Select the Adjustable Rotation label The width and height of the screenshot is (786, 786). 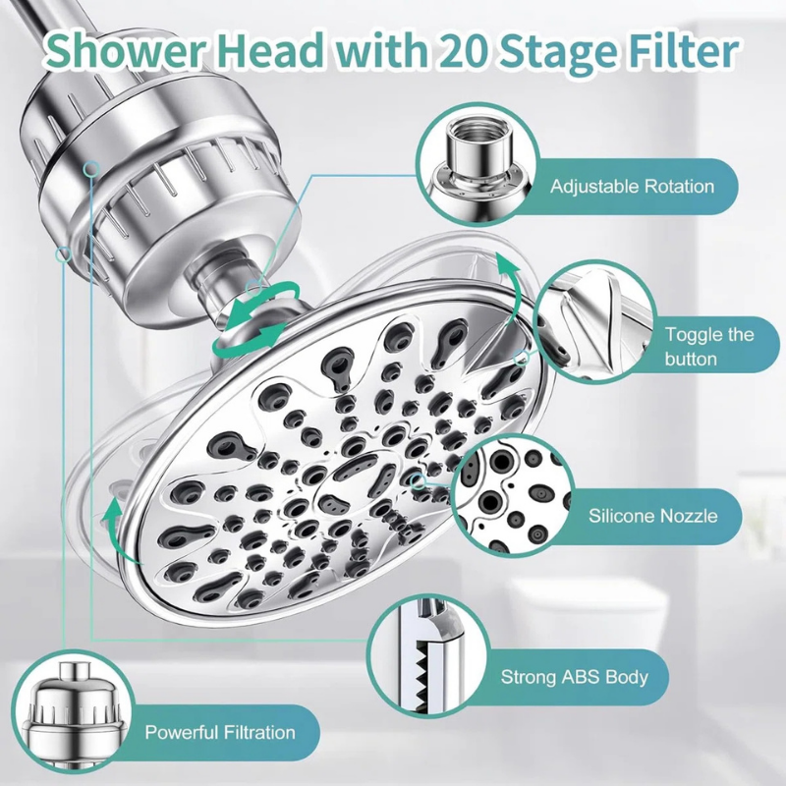[x=632, y=187]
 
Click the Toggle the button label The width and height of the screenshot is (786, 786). [x=709, y=347]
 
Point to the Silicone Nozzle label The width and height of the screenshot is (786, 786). [x=652, y=516]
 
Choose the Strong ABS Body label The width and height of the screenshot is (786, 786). [x=575, y=677]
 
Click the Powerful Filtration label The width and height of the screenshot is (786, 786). [x=220, y=732]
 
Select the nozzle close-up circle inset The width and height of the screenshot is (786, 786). [x=512, y=495]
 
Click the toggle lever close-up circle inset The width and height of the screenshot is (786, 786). [x=593, y=322]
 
